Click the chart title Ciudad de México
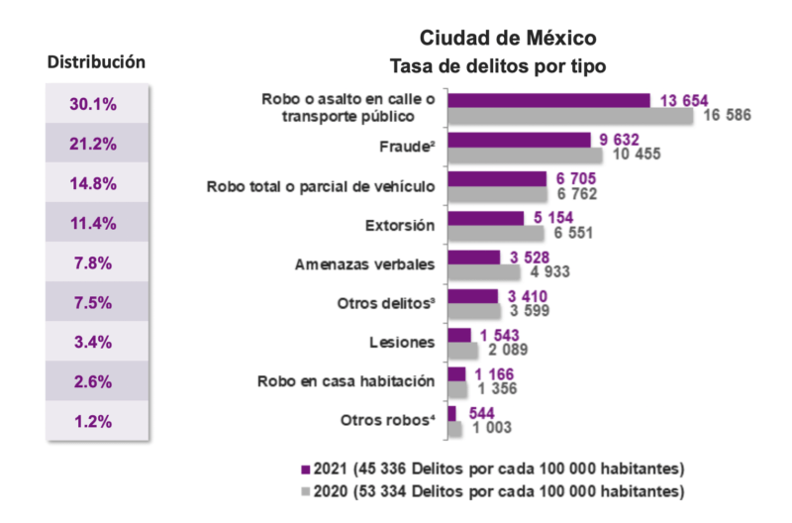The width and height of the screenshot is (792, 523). coord(507,38)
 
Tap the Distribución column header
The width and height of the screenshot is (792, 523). coord(97,61)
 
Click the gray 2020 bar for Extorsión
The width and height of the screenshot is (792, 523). coord(496,233)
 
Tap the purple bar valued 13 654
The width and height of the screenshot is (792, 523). coord(548,100)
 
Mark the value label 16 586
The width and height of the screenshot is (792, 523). coord(728,116)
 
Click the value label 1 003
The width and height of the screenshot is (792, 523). coord(492,428)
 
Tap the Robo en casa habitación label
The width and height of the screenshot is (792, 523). coord(346,380)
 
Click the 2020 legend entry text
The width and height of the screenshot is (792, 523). coord(500,491)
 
